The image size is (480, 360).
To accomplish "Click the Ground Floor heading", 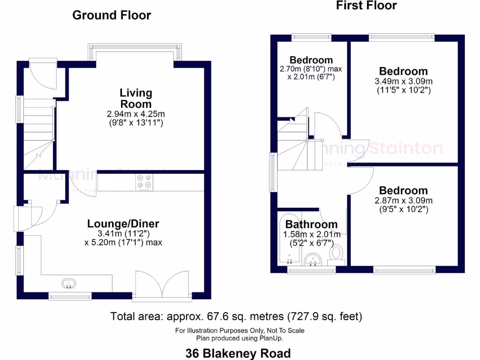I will click(112, 15).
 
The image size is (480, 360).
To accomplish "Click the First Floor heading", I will click(366, 6).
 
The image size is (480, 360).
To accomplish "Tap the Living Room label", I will click(135, 98).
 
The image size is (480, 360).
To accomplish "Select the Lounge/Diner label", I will click(123, 224).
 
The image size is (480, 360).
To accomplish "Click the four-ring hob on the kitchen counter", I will click(145, 182).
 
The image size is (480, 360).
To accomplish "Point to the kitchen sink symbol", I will click(68, 283).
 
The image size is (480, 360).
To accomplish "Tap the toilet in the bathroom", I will click(336, 253).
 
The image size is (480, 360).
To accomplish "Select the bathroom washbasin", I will click(311, 259).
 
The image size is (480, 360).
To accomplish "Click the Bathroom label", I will click(311, 225).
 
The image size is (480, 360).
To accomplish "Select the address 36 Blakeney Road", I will click(238, 353).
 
